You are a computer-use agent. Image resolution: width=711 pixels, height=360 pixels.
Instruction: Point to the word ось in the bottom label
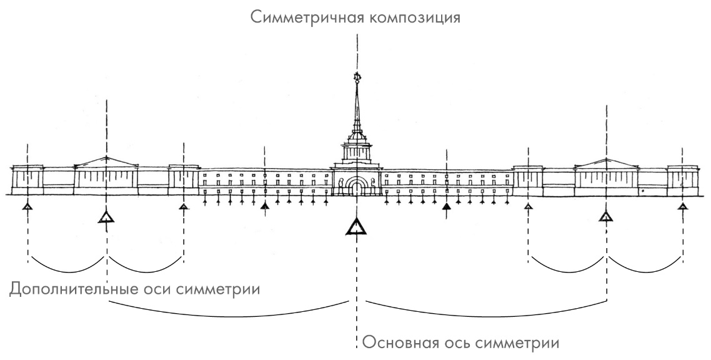pos(463,343)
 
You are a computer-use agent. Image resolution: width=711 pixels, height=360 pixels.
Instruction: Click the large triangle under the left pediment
pos(107,217)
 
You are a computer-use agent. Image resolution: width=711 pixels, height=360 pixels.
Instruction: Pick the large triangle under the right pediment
pos(605,216)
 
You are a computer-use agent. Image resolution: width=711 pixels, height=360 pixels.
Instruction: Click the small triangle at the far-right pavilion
pos(683,206)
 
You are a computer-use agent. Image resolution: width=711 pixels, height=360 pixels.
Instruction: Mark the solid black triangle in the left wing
pos(264,206)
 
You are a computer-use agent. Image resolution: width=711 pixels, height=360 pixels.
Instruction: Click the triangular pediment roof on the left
pos(107,162)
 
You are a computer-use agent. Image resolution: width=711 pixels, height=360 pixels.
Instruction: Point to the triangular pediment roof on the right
pos(605,162)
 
